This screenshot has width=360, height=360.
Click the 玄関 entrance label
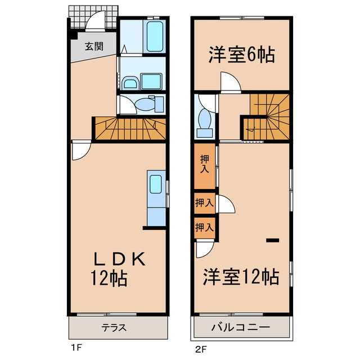point(94,47)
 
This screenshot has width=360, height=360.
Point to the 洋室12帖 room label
point(241,276)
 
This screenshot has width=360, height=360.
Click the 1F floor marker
point(76,348)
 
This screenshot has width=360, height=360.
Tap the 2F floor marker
point(201,348)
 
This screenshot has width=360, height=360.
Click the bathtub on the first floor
point(154,37)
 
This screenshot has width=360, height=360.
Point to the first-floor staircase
point(130,129)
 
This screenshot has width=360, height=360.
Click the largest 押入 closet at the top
point(204,166)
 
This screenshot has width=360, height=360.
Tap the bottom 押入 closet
point(204,227)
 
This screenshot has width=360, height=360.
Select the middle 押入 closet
point(204,203)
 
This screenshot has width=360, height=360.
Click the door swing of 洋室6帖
point(230,83)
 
